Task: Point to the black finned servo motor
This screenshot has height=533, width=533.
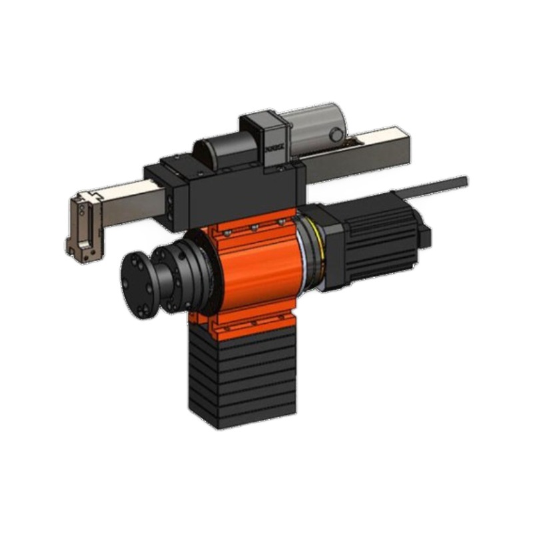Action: [x=376, y=240]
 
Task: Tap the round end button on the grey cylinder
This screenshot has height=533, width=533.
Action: [x=337, y=135]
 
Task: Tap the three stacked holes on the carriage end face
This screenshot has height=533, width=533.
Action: [x=175, y=204]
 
